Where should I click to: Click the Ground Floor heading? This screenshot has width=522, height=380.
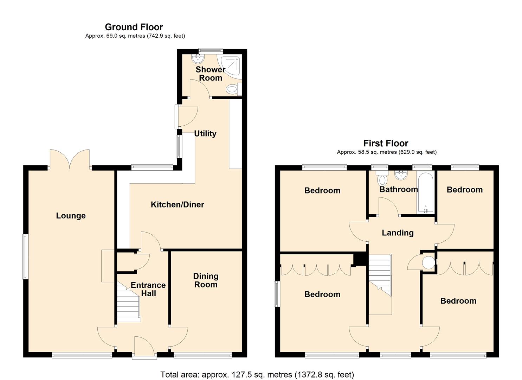(134, 27)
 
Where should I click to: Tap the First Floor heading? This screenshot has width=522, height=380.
(386, 143)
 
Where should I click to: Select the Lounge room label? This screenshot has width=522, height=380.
(71, 216)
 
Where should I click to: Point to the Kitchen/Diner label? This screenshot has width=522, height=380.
(178, 204)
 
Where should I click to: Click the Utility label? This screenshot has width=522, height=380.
(205, 133)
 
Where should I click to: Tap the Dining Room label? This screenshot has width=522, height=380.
(206, 280)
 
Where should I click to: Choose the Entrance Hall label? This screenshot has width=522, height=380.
(148, 289)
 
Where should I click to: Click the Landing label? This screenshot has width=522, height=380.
(398, 233)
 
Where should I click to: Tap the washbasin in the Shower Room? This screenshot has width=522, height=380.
(199, 58)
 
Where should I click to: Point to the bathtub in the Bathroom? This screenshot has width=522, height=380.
(426, 193)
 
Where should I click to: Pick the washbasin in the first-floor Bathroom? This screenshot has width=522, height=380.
(401, 175)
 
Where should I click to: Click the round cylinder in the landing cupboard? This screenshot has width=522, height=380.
(428, 262)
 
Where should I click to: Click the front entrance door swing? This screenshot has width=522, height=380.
(144, 347)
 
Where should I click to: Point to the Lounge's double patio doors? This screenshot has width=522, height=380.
(70, 159)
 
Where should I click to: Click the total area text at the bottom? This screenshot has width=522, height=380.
(257, 374)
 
